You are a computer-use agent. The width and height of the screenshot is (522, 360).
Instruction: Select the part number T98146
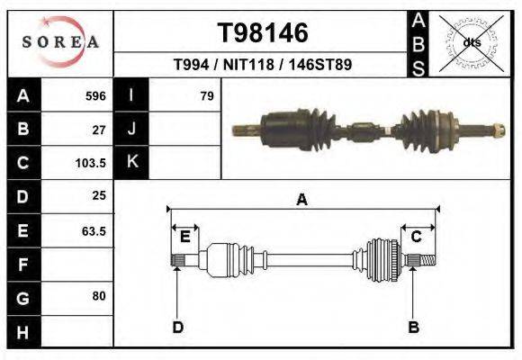point(263,33)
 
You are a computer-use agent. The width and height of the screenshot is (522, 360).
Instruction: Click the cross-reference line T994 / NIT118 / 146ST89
point(263,65)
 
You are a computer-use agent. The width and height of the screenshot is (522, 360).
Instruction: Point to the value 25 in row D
point(99,196)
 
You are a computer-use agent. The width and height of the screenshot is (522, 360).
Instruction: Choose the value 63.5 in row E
point(94,230)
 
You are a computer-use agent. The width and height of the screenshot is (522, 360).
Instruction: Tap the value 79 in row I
point(207,95)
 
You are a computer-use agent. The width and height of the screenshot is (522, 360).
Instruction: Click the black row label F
point(22,265)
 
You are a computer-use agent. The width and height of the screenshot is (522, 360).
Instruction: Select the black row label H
point(22,332)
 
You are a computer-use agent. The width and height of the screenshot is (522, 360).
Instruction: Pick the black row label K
point(131,163)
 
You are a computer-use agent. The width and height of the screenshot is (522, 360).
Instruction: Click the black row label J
point(131,129)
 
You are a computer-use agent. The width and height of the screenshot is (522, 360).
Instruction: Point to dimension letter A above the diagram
point(302,200)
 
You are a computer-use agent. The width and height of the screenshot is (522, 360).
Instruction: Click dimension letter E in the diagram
point(184,237)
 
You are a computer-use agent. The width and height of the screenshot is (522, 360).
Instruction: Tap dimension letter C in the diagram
point(417,237)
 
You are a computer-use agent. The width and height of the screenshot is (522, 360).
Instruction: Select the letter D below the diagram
point(178,327)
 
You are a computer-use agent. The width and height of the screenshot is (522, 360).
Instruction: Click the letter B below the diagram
point(414,327)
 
